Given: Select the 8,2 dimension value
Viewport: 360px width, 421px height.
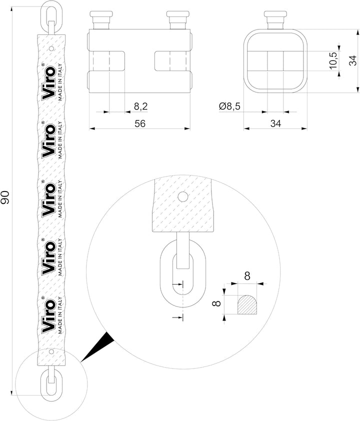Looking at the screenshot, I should pyautogui.click(x=141, y=106).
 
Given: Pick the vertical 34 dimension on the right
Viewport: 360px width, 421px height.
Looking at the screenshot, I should pyautogui.click(x=353, y=61).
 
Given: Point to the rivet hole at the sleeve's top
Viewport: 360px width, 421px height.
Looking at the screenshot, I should pyautogui.click(x=52, y=49).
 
